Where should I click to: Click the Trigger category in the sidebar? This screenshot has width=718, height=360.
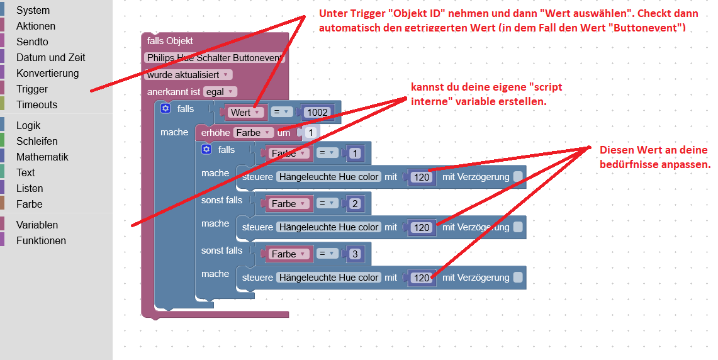(x=32, y=89)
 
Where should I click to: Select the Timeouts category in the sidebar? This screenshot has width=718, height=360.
(x=36, y=105)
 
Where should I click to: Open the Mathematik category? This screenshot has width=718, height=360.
(x=42, y=157)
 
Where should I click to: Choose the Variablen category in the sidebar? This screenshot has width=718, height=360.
(x=37, y=225)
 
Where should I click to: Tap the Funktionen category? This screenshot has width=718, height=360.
(x=41, y=241)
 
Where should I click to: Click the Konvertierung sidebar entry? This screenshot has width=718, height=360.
(x=47, y=74)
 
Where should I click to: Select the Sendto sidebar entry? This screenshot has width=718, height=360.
(x=32, y=42)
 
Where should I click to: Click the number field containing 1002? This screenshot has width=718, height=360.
(x=317, y=113)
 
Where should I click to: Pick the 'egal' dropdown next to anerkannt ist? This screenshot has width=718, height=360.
(x=220, y=92)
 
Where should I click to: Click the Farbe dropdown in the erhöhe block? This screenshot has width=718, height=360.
(x=254, y=133)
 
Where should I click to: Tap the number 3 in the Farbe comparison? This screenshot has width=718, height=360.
(x=355, y=254)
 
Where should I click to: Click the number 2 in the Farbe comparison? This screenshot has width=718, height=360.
(x=355, y=204)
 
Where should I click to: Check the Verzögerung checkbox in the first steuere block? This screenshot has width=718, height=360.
(x=517, y=177)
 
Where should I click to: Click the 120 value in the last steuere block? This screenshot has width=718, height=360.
(x=422, y=278)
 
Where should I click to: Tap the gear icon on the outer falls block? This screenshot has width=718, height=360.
(x=165, y=109)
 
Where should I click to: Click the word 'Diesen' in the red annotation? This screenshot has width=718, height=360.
(x=615, y=150)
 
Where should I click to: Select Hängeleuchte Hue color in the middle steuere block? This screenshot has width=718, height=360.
(x=328, y=227)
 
